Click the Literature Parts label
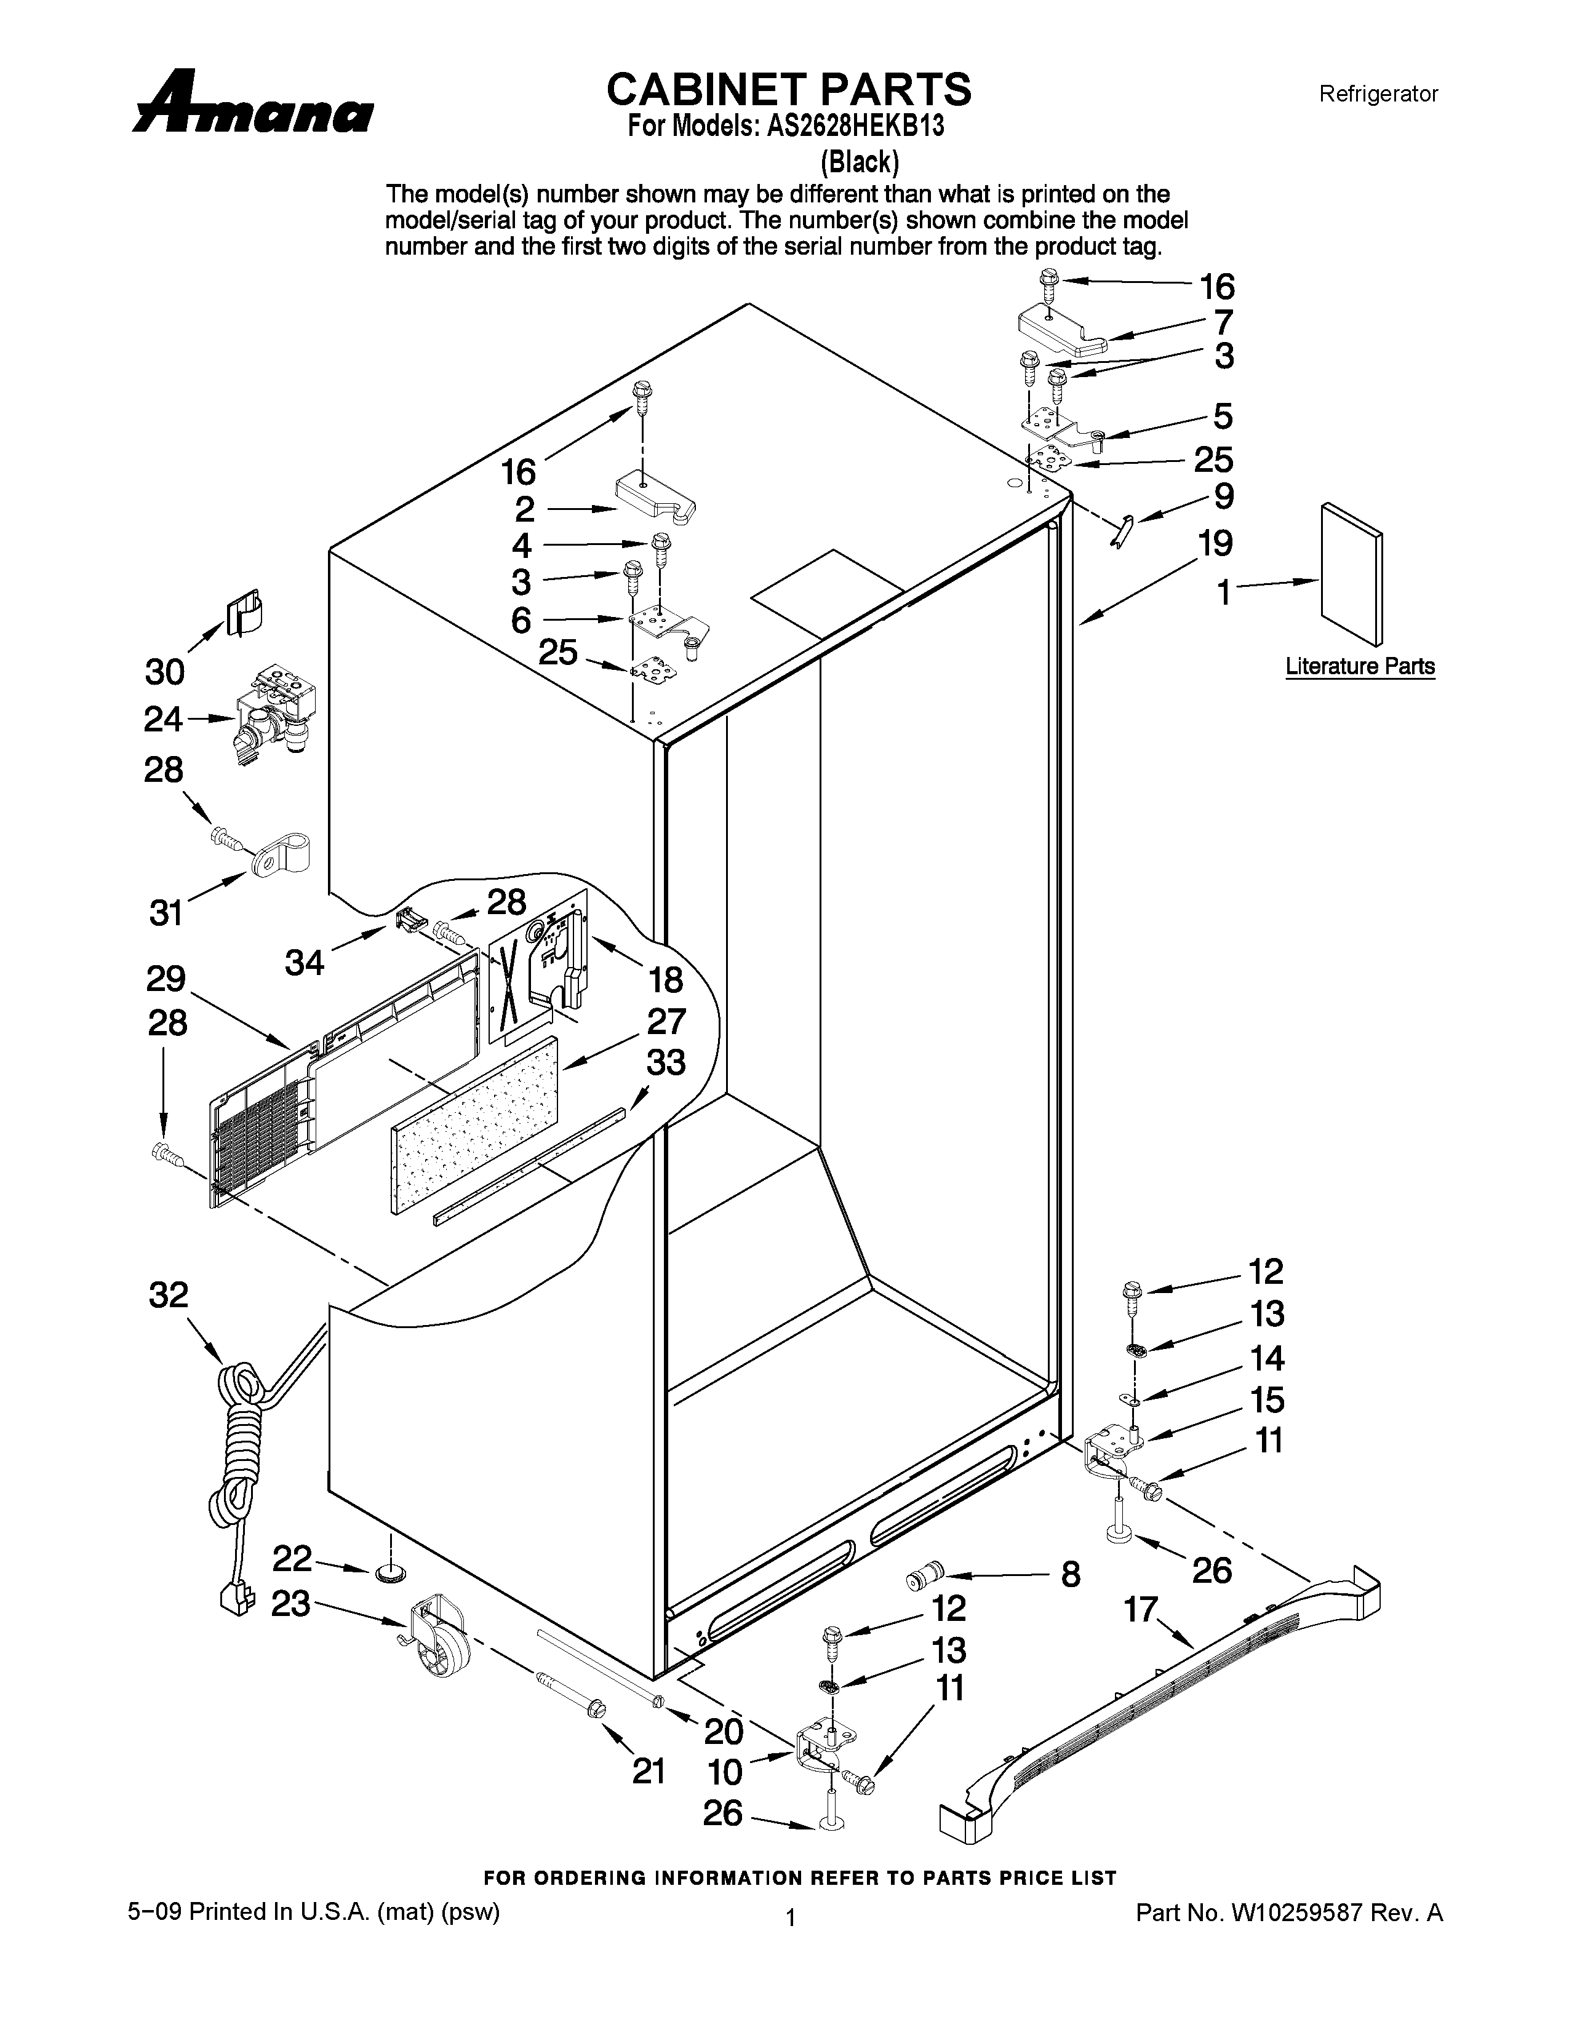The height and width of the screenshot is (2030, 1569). [1359, 666]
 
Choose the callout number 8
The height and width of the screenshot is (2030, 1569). [1071, 1574]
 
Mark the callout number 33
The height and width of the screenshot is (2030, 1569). [666, 1062]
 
